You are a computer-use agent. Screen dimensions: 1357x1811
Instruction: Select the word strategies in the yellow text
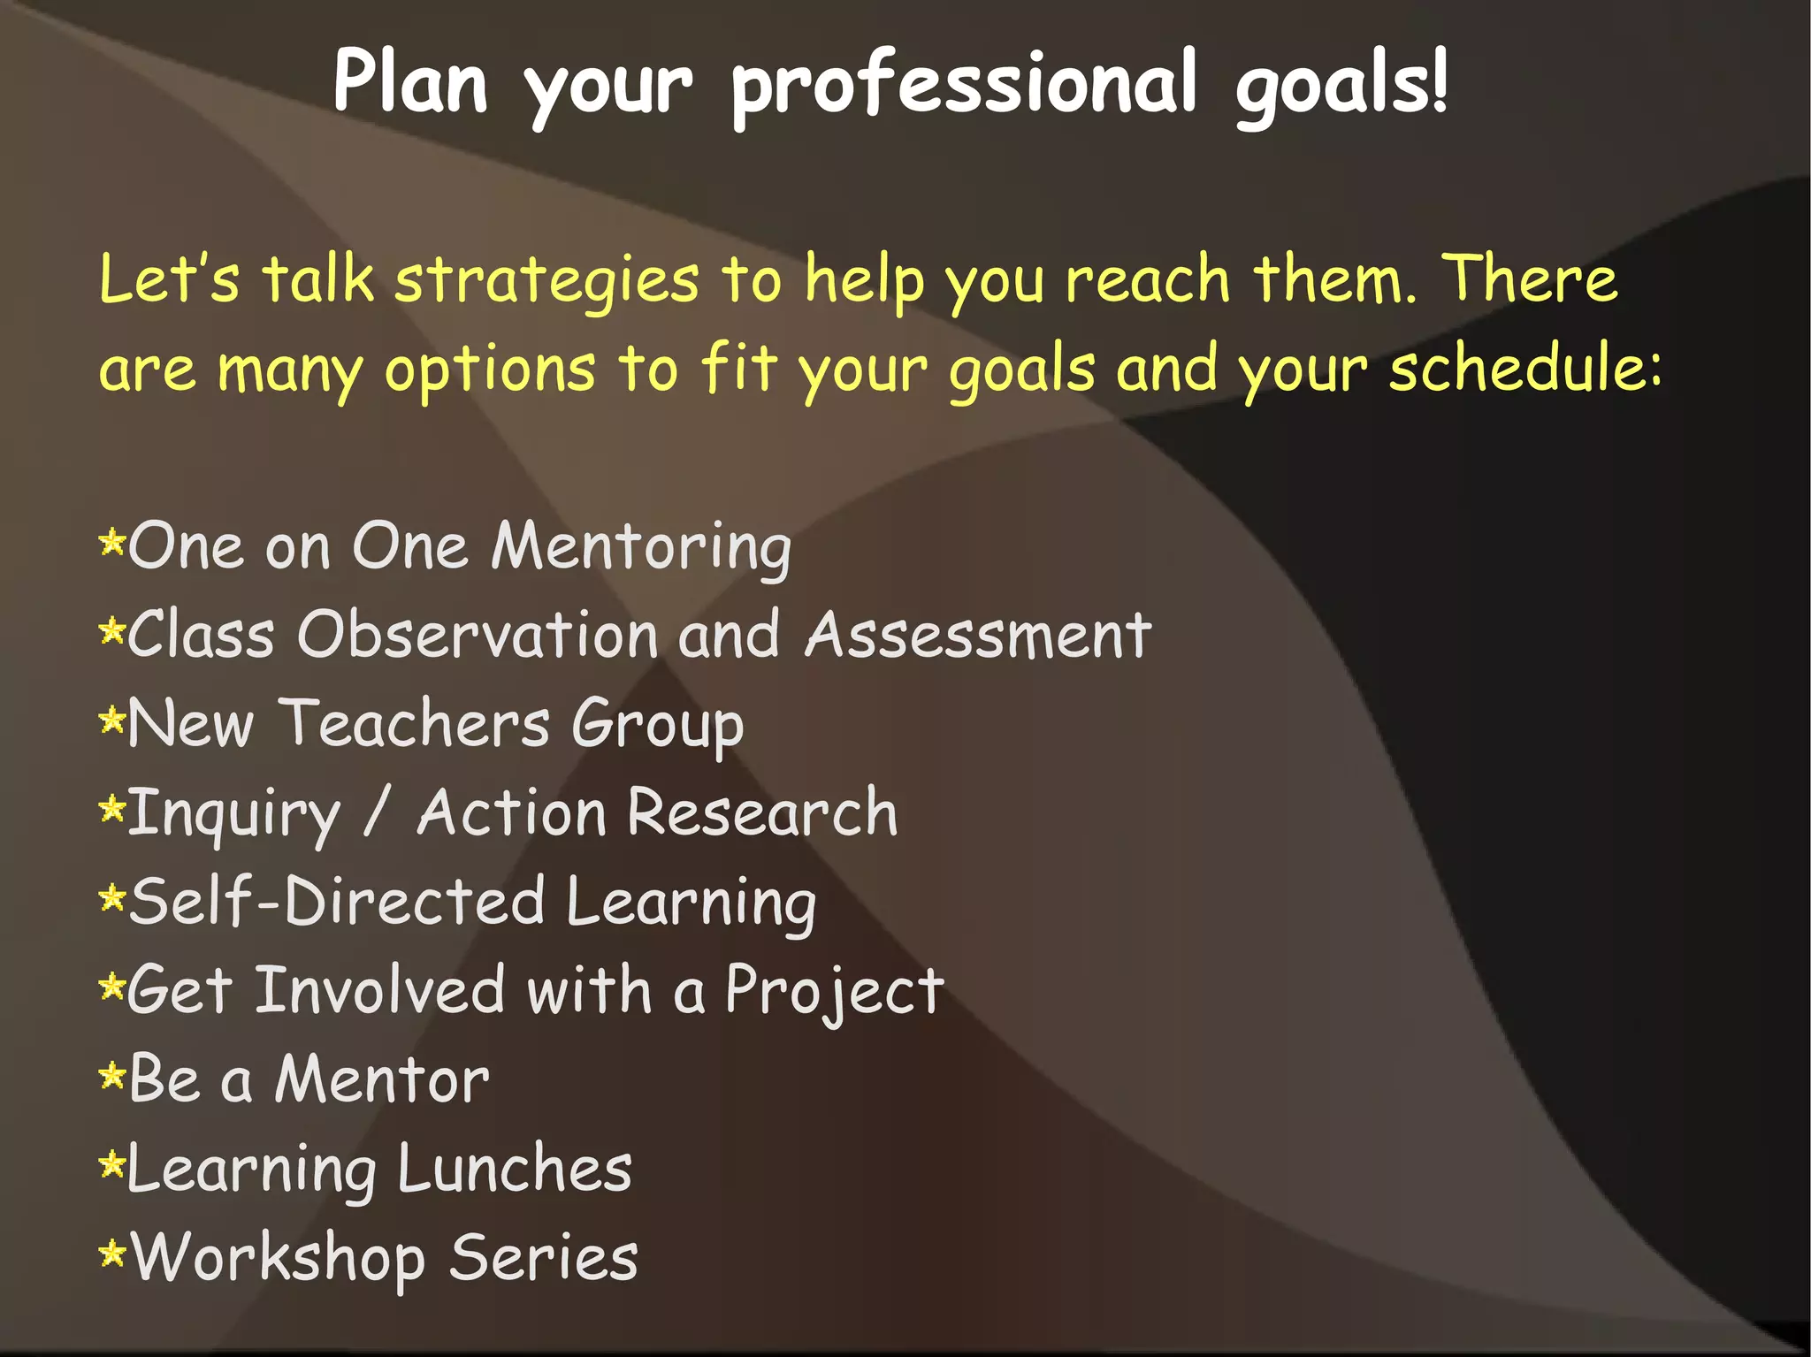(x=546, y=281)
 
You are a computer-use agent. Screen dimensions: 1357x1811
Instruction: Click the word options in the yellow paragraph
(x=490, y=370)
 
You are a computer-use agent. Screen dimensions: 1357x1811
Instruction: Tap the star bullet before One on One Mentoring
(x=112, y=542)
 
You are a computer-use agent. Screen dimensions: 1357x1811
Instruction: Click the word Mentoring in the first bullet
(x=641, y=548)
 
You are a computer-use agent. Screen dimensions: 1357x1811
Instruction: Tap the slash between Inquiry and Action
(x=377, y=813)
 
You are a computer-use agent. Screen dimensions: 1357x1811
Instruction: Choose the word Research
(x=762, y=813)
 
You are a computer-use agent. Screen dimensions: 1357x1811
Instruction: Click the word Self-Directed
(x=337, y=902)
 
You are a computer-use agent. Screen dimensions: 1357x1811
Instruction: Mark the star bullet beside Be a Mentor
(x=112, y=1077)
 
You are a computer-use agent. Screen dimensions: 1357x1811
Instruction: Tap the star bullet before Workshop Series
(x=112, y=1254)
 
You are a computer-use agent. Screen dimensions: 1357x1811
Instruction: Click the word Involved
(x=379, y=990)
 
